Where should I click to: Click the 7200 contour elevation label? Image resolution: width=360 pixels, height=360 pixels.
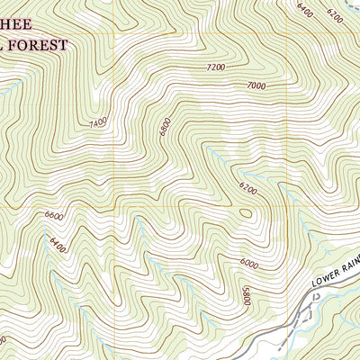point(215,67)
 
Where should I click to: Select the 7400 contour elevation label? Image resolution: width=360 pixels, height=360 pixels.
point(98,120)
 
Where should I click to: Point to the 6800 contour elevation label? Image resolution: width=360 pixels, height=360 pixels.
point(164,129)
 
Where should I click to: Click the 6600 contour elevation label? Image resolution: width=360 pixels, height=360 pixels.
point(55,216)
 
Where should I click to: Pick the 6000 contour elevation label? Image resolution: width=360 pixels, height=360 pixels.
point(249,264)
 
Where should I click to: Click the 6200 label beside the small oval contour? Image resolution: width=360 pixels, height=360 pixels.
point(247,190)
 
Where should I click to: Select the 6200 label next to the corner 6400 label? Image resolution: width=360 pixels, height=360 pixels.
point(336,14)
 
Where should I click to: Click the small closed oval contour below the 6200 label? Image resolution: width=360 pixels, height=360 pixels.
point(246,213)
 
